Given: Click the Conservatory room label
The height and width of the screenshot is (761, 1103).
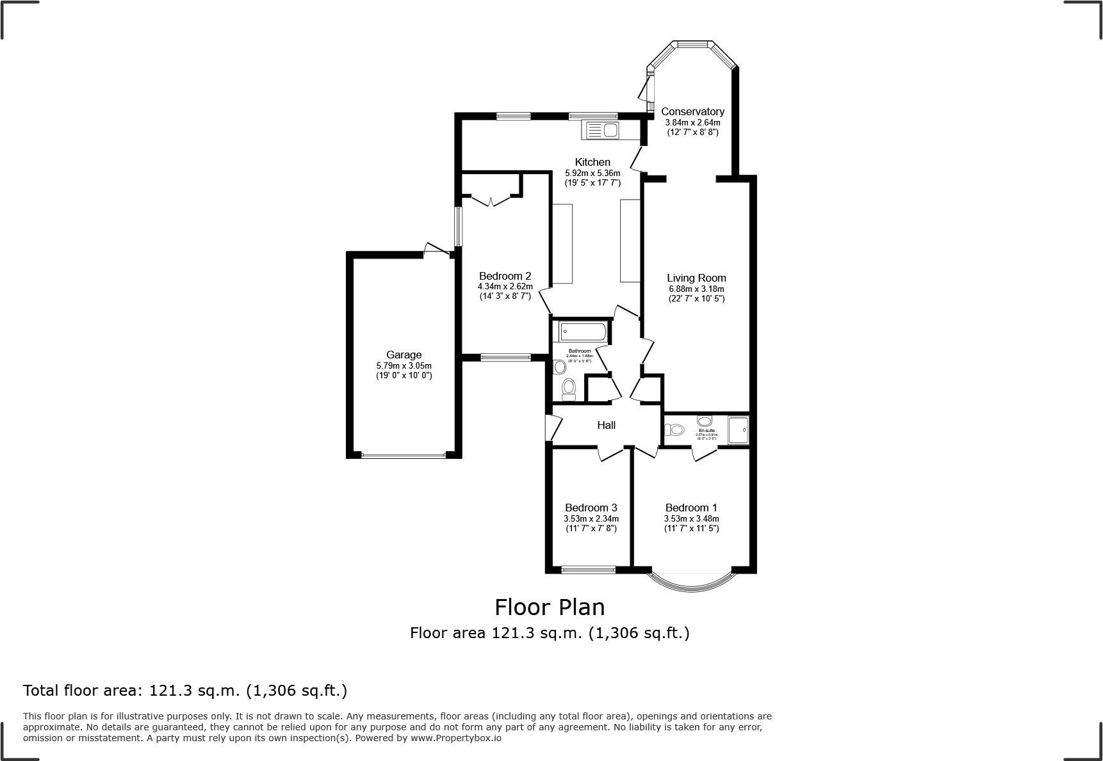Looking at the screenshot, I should (x=692, y=112).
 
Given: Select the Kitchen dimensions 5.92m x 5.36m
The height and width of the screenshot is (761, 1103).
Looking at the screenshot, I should (x=592, y=173).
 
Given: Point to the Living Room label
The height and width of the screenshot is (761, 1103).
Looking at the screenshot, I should (x=696, y=278).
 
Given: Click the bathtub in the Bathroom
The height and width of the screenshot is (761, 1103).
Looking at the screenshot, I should (x=582, y=332).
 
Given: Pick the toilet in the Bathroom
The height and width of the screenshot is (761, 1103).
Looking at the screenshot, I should (x=568, y=388).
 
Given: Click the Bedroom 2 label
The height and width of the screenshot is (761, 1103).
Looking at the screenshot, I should (x=505, y=276).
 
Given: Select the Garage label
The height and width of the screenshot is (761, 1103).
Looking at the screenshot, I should (x=404, y=355).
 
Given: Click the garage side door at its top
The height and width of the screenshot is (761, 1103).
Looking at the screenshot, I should (x=437, y=250).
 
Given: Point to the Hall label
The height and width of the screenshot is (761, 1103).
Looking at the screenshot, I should (x=606, y=425).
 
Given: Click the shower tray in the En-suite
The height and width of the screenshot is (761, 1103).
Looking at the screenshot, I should (x=738, y=429).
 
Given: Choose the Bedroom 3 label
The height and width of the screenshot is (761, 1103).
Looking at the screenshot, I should (x=591, y=508).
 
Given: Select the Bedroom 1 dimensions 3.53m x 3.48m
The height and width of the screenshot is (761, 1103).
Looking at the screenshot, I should (x=691, y=518).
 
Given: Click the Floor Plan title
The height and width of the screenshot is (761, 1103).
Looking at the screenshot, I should (x=550, y=606).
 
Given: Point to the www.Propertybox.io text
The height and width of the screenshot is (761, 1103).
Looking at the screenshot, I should (x=456, y=738).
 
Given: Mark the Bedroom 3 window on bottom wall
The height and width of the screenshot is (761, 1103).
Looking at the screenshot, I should (x=587, y=569).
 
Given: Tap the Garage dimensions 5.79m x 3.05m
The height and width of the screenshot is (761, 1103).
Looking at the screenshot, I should (x=404, y=365).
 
